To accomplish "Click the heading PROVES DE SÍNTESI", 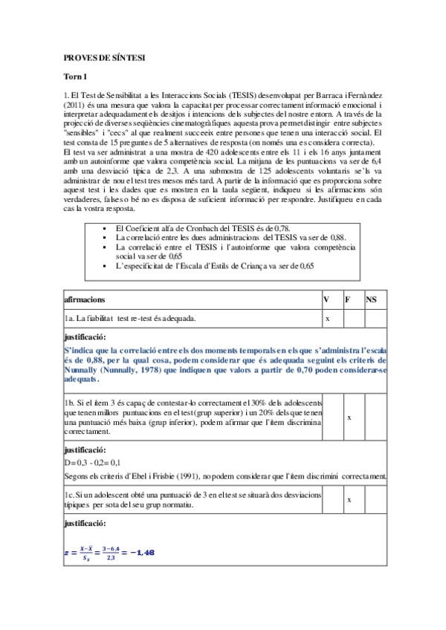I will (104, 57).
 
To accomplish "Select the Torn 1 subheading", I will (76, 77).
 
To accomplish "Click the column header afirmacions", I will (85, 299).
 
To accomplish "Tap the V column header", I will (326, 299).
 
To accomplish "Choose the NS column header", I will (372, 299).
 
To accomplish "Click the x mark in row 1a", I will (328, 318).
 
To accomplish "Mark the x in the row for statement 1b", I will (349, 418).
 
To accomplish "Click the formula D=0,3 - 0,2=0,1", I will (96, 463).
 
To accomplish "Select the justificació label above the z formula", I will (86, 525).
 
